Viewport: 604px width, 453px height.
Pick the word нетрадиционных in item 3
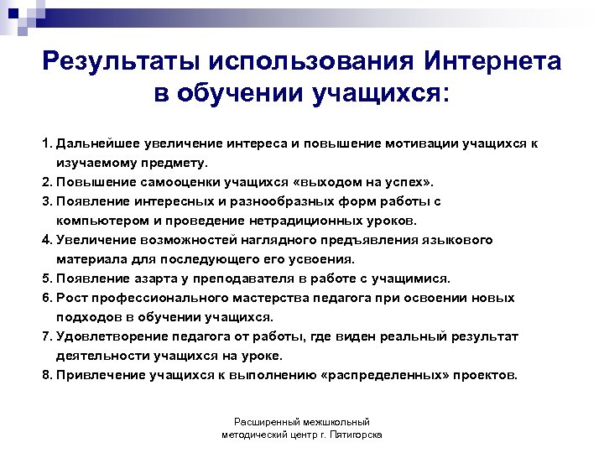pos(299,221)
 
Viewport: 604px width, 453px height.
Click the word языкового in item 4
pos(460,240)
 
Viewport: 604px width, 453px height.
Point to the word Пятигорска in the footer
pos(356,435)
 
